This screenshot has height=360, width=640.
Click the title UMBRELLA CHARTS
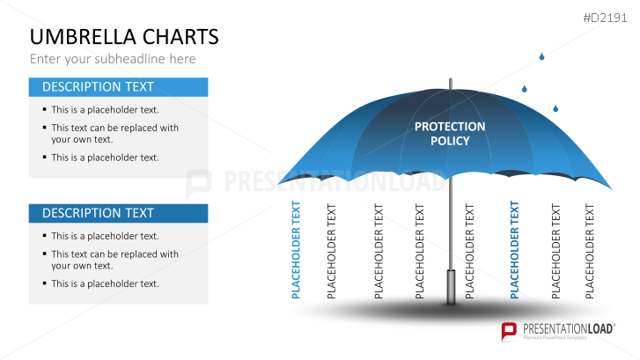[x=123, y=37]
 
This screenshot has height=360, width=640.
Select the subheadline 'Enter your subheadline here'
[x=113, y=59]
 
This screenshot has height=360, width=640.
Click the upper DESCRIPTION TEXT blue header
[x=118, y=87]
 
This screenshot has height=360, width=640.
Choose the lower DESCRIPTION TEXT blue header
[x=118, y=213]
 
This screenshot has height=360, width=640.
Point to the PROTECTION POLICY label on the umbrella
[x=450, y=133]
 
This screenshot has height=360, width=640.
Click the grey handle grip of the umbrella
[x=451, y=285]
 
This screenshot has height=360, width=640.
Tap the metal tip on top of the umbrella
[x=450, y=84]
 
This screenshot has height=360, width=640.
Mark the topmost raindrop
[x=541, y=57]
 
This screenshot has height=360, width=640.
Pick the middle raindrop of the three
[x=524, y=88]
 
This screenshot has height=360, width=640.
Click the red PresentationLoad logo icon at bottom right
[x=508, y=331]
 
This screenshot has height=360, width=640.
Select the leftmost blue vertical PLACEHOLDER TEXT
[x=296, y=250]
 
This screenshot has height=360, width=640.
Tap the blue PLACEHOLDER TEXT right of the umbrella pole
[x=515, y=250]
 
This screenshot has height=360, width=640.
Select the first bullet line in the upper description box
[x=104, y=110]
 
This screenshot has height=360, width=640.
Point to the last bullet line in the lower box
[x=104, y=283]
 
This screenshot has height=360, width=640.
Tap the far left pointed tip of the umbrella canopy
[x=280, y=182]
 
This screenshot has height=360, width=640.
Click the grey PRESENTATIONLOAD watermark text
[x=326, y=181]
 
